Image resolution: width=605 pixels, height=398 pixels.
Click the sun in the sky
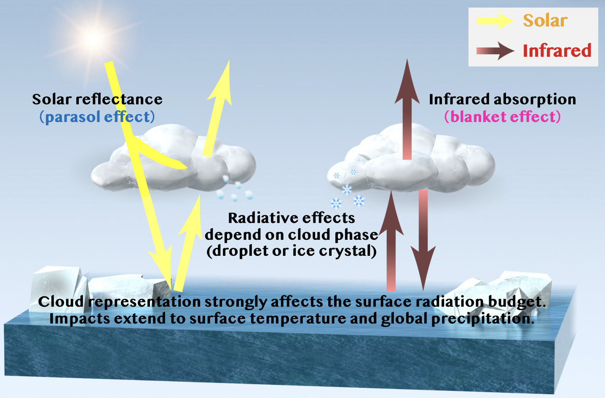pos(93,39)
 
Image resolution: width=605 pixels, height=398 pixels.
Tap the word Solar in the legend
pos(545,20)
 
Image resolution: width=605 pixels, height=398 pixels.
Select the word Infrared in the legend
pos(557,50)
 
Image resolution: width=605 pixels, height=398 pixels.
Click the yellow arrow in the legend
pos(495,21)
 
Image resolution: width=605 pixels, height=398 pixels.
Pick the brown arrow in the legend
pos(495,51)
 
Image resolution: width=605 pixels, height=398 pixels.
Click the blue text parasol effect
pos(97,117)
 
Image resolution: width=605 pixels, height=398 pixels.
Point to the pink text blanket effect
pos(502,117)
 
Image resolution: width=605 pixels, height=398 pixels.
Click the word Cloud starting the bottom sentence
pos(61,302)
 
